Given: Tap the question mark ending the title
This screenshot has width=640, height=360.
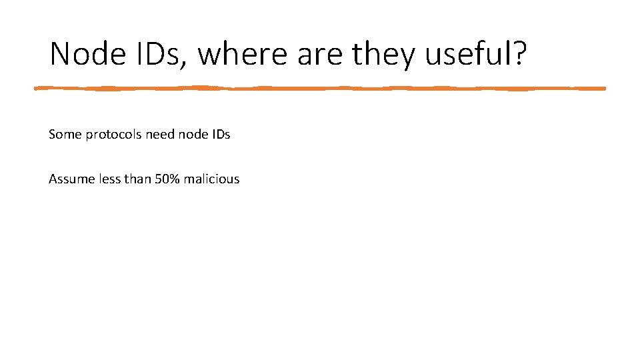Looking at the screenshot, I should coord(519,53).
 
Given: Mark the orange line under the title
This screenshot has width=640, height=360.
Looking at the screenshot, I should coord(320,87).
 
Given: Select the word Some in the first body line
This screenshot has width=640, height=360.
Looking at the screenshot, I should coord(63,134).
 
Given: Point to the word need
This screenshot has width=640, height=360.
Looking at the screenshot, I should coord(160,134).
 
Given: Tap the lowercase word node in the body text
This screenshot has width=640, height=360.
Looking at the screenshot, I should coord(193,134).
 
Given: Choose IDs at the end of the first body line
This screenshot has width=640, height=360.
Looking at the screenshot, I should coord(221,134).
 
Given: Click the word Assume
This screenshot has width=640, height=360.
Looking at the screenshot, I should coord(69,179).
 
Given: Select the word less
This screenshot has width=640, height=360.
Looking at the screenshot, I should coord(105,179).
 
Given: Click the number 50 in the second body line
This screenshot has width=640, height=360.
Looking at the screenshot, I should coord(161,179).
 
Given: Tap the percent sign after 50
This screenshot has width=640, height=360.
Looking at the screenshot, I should coord(175,179).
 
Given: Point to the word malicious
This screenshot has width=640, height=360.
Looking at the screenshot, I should coord(211,179).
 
